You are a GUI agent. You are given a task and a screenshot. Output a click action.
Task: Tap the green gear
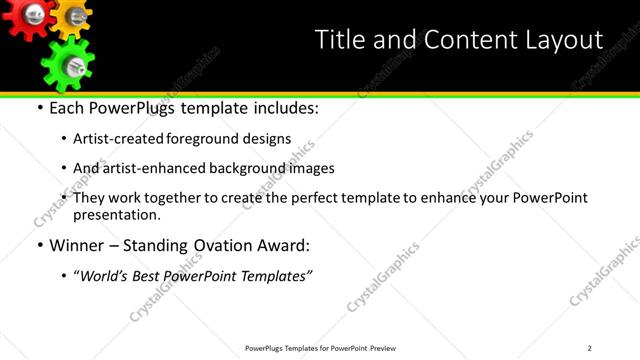67,64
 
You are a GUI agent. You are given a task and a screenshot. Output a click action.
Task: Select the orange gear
72,15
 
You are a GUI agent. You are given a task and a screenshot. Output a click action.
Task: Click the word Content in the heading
458,40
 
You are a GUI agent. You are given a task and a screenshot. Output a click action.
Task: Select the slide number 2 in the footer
589,348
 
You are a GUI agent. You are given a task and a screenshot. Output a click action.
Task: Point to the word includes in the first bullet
283,108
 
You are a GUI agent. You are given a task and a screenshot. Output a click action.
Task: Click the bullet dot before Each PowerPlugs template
39,108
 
